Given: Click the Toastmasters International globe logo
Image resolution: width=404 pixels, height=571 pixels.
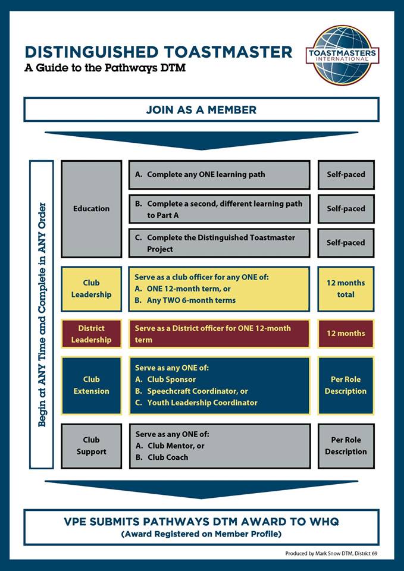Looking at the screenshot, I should click(342, 55).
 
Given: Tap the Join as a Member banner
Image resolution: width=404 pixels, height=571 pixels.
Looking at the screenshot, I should click(201, 109).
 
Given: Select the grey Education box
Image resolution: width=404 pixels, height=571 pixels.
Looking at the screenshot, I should click(91, 208).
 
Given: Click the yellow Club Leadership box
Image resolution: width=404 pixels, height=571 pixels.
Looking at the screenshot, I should click(91, 288).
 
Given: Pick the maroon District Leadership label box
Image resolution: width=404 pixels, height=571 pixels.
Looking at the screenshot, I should click(91, 334).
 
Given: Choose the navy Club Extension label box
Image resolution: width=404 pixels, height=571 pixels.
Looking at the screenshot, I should click(91, 385).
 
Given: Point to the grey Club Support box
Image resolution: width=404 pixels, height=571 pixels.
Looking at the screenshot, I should click(91, 445).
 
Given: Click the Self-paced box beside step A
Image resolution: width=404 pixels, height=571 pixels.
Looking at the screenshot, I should click(346, 175).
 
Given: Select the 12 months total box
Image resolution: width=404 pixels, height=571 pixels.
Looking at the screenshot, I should click(346, 288).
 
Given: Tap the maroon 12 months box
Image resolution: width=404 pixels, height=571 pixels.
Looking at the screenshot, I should click(346, 334).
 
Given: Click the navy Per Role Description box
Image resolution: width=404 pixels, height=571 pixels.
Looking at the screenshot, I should click(346, 385).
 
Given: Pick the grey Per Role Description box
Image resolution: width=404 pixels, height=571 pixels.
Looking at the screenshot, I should click(346, 445).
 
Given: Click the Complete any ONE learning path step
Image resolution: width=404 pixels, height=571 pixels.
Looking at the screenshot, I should click(219, 175).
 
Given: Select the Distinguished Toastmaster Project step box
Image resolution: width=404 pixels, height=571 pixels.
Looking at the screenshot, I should click(219, 243).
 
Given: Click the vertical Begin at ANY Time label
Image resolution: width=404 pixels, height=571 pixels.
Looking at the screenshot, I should click(42, 314).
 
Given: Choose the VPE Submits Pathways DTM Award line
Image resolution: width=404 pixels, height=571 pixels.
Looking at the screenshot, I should click(201, 522).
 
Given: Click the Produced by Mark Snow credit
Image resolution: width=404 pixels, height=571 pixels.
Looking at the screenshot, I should click(331, 553).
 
